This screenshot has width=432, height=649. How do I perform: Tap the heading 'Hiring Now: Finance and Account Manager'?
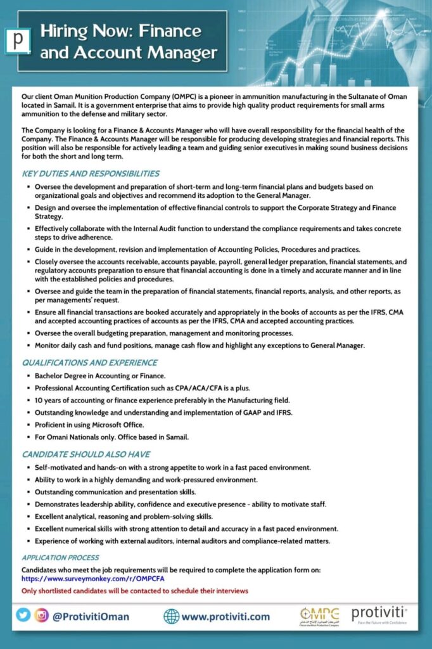tap(120, 41)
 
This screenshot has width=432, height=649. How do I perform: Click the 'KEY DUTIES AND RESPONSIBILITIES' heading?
tap(91, 173)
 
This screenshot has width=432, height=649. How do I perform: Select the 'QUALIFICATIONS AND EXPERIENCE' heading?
tap(89, 363)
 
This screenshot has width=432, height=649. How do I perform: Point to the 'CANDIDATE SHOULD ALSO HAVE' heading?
tap(86, 454)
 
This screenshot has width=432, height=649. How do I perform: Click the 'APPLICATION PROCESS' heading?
tap(60, 558)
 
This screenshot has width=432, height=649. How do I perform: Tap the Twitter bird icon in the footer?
tap(23, 615)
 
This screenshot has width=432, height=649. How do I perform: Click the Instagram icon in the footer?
tap(42, 615)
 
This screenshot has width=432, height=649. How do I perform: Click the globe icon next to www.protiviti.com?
tap(171, 616)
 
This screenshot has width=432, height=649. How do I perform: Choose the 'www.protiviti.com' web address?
tap(226, 616)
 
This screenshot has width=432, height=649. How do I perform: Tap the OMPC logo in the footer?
tap(319, 615)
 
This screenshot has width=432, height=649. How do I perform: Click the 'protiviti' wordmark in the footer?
tap(379, 613)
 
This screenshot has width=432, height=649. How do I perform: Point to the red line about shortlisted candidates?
tap(134, 591)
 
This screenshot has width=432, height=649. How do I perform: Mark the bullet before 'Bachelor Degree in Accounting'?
tap(28, 376)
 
